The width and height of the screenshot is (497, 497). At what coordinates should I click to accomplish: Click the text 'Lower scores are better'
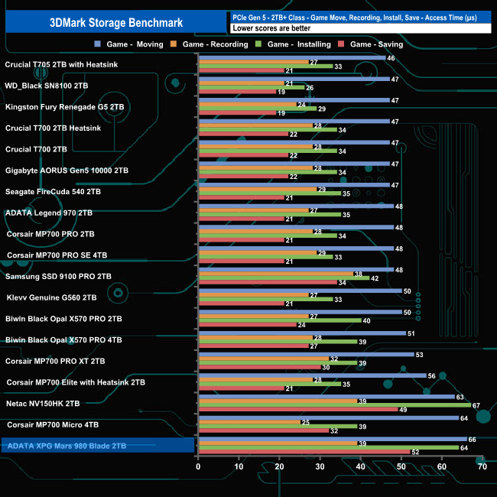276,28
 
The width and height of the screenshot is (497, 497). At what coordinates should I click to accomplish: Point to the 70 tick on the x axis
482,466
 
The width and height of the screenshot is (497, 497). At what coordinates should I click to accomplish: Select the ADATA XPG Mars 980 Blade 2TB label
66,445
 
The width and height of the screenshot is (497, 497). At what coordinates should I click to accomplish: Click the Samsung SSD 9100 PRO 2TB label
58,276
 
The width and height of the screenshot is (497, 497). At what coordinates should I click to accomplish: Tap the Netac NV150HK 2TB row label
43,403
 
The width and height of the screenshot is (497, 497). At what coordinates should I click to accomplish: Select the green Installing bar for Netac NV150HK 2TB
333,405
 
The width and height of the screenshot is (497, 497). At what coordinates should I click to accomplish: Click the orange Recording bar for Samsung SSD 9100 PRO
274,274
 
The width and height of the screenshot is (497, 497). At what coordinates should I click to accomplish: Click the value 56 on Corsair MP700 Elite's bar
432,375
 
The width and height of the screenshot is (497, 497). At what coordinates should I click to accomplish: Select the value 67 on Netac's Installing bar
476,405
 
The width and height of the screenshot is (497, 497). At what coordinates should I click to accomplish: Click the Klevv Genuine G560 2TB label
51,297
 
